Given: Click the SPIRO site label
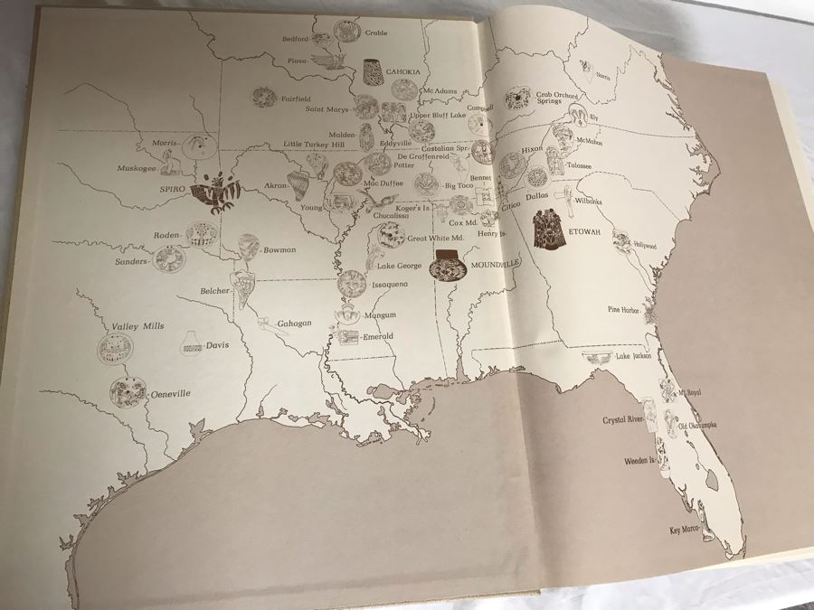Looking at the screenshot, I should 172,190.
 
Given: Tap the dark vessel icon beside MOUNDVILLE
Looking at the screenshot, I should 445,268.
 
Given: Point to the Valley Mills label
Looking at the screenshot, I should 138,326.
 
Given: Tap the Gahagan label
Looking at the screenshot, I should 294,323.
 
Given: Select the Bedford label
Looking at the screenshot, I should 321,39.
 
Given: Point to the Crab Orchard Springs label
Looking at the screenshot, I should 555,99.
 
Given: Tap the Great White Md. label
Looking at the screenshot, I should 435,239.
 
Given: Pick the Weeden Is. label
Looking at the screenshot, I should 642,461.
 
